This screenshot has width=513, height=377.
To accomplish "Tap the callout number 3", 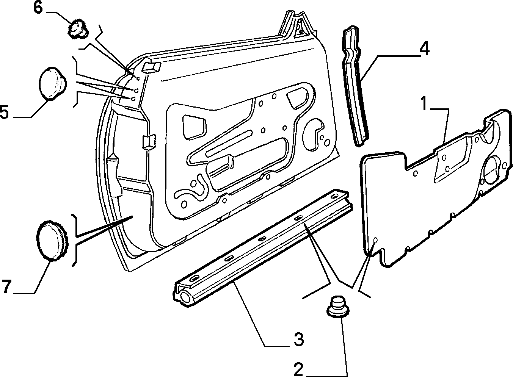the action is (x=299, y=339).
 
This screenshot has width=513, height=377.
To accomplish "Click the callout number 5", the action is (x=4, y=111).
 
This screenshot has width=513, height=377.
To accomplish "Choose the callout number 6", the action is (x=38, y=8).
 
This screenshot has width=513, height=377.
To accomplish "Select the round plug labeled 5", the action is (x=53, y=84).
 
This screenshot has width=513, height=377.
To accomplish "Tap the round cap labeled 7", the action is (x=52, y=240).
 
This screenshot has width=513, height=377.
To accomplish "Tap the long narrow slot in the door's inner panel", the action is (x=229, y=143).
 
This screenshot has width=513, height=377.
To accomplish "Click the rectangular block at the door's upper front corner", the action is (x=152, y=67).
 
